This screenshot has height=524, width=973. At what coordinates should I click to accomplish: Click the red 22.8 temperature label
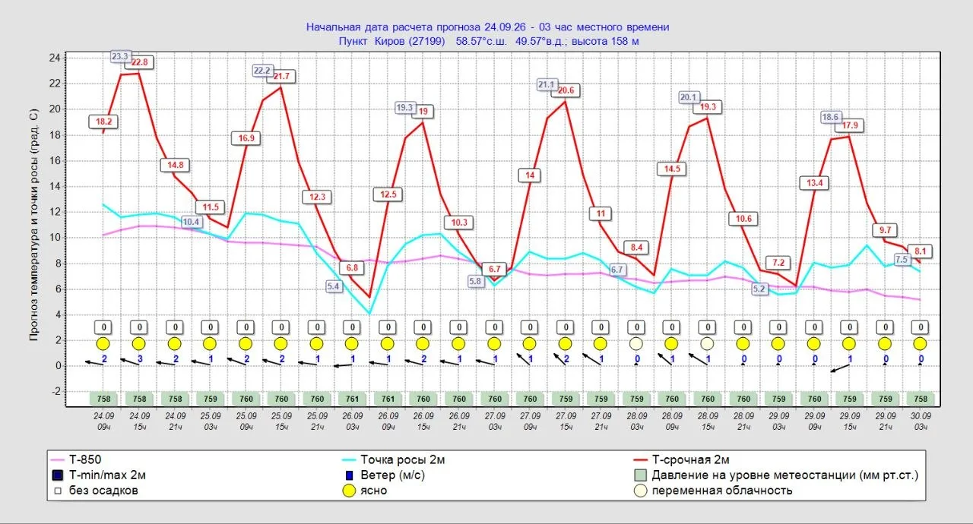(139, 62)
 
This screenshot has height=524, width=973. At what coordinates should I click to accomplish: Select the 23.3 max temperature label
(119, 56)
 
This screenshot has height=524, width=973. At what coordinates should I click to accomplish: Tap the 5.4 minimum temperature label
(333, 286)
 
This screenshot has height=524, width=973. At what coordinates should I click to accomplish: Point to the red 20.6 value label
(566, 90)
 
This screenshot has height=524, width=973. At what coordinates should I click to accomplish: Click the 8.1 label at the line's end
(920, 251)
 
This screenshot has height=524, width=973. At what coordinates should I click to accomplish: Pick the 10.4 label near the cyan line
(191, 222)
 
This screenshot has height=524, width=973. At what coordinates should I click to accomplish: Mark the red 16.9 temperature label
(246, 138)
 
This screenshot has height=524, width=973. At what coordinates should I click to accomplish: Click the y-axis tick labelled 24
(55, 58)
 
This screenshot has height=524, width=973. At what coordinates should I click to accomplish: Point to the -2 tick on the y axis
(56, 391)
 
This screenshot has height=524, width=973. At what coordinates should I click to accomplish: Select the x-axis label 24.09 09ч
(104, 421)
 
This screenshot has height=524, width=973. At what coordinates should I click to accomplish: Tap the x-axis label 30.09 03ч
(921, 421)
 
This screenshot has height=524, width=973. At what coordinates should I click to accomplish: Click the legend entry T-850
(85, 459)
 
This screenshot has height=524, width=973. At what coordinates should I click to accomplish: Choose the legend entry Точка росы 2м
(402, 459)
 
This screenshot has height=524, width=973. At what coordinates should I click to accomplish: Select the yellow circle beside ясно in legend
(349, 491)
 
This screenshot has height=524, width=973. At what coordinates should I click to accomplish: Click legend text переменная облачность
(722, 491)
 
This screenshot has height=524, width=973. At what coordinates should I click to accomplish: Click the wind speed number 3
(140, 358)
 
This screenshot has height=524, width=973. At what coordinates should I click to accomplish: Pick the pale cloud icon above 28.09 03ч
(636, 344)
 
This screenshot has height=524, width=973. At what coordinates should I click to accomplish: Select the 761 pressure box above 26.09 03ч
(352, 399)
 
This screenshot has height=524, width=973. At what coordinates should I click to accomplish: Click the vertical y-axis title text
(34, 225)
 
